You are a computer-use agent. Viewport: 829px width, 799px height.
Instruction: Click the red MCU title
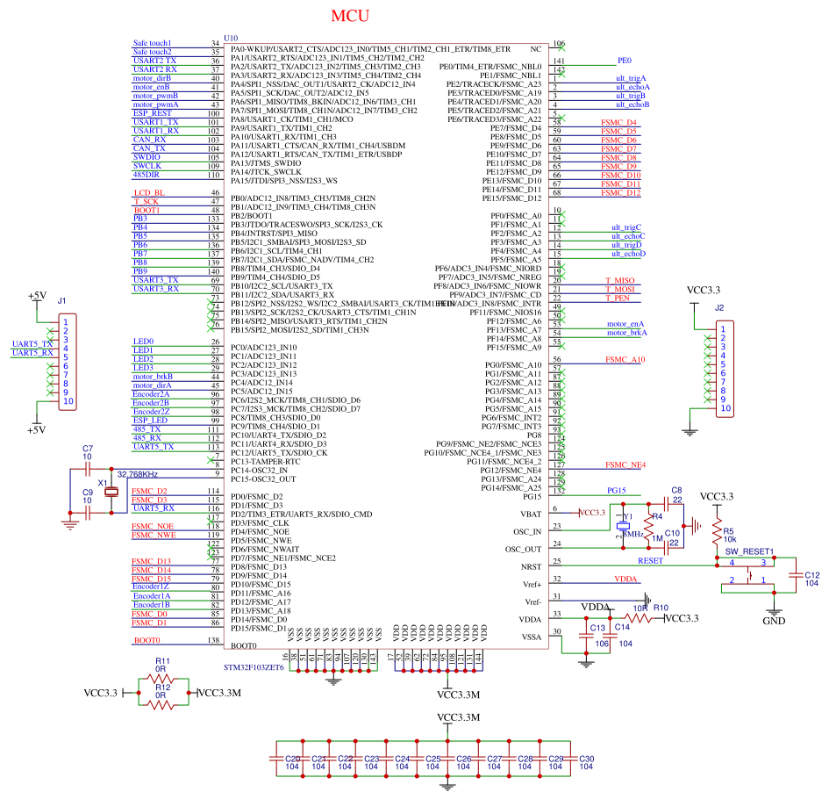(350, 17)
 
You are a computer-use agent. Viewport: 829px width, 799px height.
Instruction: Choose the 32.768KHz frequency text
(136, 474)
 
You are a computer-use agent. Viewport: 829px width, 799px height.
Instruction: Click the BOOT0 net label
(147, 640)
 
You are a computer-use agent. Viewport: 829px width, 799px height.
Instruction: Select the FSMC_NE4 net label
(625, 464)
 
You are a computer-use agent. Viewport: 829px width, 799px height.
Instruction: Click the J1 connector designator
(61, 301)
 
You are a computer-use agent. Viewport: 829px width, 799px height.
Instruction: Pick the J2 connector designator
(719, 308)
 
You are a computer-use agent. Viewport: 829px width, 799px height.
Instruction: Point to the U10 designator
(231, 38)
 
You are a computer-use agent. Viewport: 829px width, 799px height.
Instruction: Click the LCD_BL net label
(148, 192)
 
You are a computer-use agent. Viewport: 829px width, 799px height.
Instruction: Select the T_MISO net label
(619, 280)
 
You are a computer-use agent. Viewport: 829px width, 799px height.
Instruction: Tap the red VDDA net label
(625, 579)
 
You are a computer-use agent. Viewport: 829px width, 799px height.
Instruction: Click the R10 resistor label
(660, 608)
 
